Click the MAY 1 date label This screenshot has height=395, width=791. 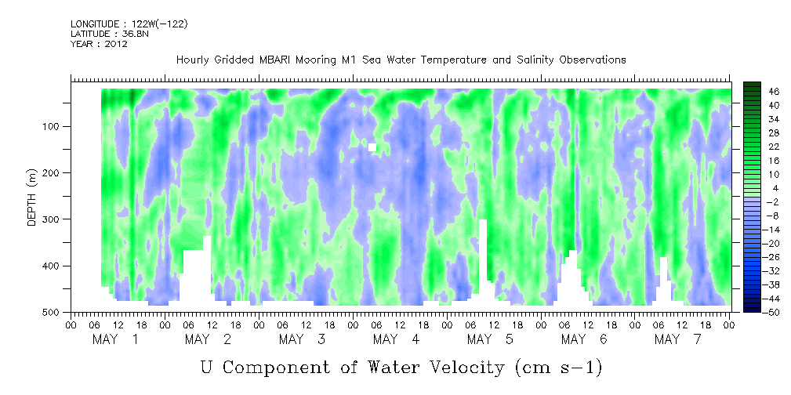(115, 339)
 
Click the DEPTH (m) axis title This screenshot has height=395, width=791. (32, 199)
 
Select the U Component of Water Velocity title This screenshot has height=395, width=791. (401, 367)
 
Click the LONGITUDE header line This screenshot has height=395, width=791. (129, 24)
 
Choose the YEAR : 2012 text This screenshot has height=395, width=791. (99, 44)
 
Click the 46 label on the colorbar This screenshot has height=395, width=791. (773, 91)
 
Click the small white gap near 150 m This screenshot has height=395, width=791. (372, 147)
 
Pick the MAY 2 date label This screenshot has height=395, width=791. (209, 339)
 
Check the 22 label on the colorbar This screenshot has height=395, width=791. (773, 146)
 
